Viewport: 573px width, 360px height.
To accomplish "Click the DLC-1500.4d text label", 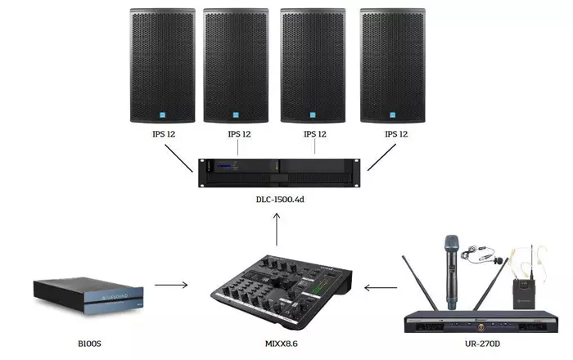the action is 280,200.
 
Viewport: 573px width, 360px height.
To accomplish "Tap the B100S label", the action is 89,344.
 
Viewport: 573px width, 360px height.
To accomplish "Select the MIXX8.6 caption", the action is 282,344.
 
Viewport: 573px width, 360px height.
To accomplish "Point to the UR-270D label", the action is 482,344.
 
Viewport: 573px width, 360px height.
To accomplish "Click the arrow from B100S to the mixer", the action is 171,285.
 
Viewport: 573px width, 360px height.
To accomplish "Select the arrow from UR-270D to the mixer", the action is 381,288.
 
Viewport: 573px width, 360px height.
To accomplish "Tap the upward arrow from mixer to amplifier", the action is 277,229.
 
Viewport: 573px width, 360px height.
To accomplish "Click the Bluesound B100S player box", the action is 88,295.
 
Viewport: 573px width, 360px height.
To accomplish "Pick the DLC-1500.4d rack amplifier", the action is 279,173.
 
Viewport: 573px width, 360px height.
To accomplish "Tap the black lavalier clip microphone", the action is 481,254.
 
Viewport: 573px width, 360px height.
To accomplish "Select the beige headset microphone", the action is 529,258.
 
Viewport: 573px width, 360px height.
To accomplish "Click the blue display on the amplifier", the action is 224,166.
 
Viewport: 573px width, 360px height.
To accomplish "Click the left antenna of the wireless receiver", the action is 419,283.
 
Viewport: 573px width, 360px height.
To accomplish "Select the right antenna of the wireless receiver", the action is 490,284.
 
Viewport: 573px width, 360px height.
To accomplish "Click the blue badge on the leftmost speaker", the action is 163,115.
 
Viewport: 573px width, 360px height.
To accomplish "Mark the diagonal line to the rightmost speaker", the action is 381,157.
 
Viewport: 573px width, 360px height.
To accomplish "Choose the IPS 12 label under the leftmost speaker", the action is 164,134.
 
